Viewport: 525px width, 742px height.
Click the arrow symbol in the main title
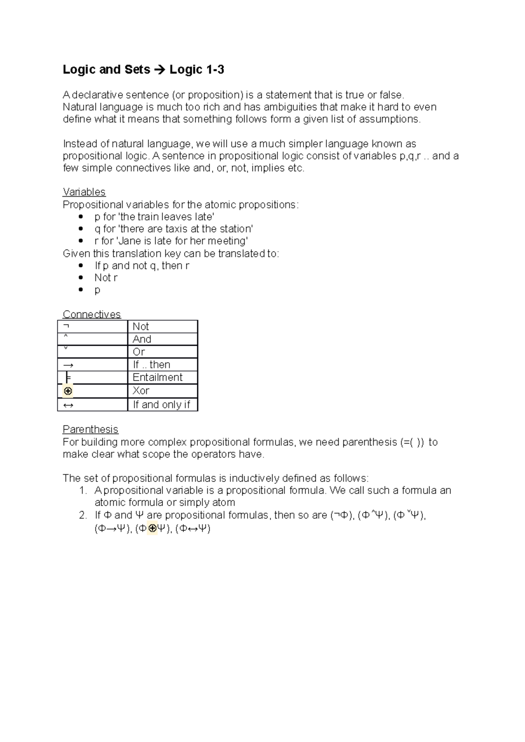(160, 70)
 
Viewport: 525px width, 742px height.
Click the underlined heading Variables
(84, 192)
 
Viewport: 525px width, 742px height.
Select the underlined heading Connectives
(91, 314)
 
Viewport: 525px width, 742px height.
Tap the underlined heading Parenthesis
(90, 429)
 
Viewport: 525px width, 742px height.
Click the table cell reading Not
(141, 326)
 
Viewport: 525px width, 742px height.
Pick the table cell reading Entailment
(157, 377)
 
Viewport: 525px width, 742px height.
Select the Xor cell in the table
(141, 390)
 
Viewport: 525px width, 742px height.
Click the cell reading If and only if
(161, 405)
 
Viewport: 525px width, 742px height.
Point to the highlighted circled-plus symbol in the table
(68, 391)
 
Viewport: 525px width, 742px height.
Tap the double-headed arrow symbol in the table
(68, 405)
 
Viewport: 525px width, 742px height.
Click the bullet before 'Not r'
(80, 278)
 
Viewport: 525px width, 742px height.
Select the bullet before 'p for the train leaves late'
(80, 217)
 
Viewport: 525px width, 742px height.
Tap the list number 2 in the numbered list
(83, 515)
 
